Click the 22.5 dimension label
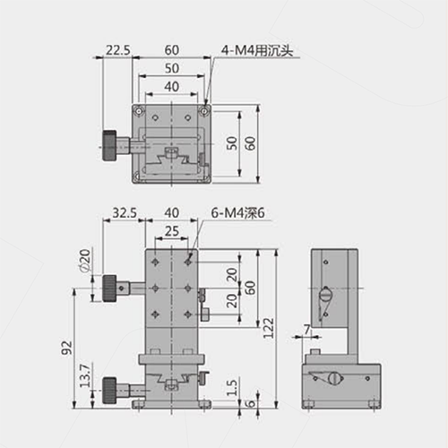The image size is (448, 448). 118,50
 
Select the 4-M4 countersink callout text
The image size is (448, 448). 257,50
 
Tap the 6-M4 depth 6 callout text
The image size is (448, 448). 238,213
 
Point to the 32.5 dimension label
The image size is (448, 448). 125,213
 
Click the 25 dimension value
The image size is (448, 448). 172,231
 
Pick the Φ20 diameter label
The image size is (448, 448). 85,261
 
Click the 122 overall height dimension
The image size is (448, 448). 268,328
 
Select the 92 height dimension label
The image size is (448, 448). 67,348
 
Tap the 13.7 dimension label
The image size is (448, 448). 85,375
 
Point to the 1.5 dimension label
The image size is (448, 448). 232,388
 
